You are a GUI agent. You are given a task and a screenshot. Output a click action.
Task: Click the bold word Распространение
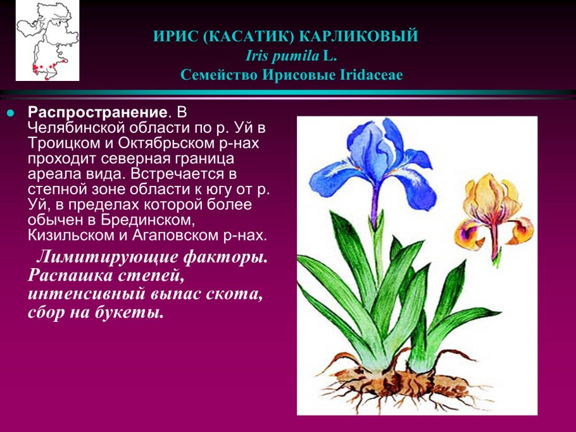click(98, 113)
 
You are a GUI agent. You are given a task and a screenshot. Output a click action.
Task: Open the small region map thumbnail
click(47, 42)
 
